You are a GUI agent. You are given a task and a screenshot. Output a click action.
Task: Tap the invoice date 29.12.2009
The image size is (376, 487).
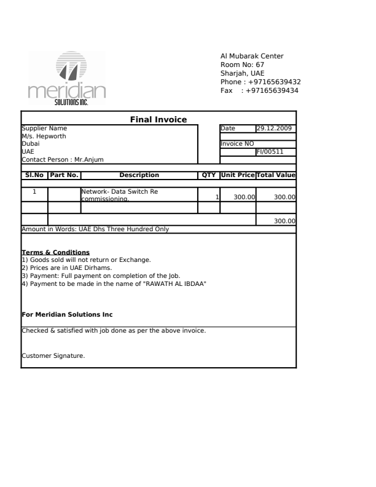(x=275, y=128)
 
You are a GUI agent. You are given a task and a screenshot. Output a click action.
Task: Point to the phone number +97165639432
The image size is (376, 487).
(x=272, y=82)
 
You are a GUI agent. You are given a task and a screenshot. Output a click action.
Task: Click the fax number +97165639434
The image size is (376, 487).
(x=272, y=90)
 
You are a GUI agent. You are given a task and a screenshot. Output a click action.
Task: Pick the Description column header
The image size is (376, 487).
(x=139, y=175)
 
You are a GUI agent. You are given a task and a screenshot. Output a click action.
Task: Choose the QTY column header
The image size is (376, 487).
(x=209, y=175)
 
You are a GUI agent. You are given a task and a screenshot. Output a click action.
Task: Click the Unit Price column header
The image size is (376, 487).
(x=238, y=175)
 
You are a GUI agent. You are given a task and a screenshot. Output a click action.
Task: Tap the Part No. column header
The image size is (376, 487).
(x=64, y=175)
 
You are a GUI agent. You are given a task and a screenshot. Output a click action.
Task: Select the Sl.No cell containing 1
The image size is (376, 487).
(x=34, y=192)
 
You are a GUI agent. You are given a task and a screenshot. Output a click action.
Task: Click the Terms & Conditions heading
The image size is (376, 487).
(x=56, y=252)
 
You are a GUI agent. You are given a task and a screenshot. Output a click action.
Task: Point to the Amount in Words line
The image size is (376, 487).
(x=95, y=229)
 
